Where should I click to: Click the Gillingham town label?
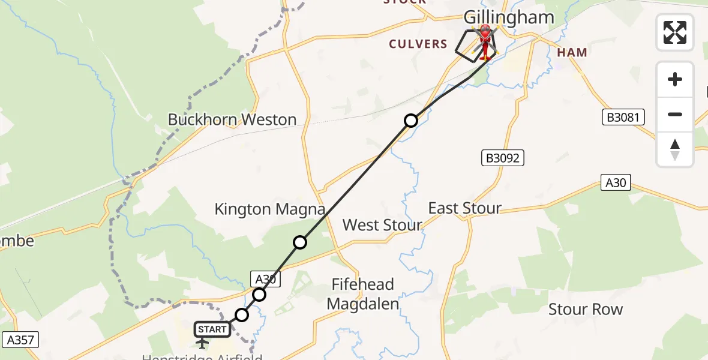[508, 17]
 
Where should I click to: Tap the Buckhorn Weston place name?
[232, 119]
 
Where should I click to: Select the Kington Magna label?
[270, 209]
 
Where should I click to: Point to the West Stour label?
[382, 225]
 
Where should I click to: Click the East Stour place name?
[464, 208]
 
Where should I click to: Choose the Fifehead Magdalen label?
[363, 294]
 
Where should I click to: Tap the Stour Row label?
[586, 310]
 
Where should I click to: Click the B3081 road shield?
[623, 118]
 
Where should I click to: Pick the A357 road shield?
[20, 340]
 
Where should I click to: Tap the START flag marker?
[212, 329]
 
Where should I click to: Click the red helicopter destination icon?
[485, 41]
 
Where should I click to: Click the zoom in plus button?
[675, 79]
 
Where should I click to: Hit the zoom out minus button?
[675, 114]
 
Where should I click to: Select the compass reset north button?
[675, 149]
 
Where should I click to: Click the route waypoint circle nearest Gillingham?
[410, 121]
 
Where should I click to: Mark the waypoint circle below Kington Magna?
[300, 242]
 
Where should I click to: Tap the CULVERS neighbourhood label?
[418, 44]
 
